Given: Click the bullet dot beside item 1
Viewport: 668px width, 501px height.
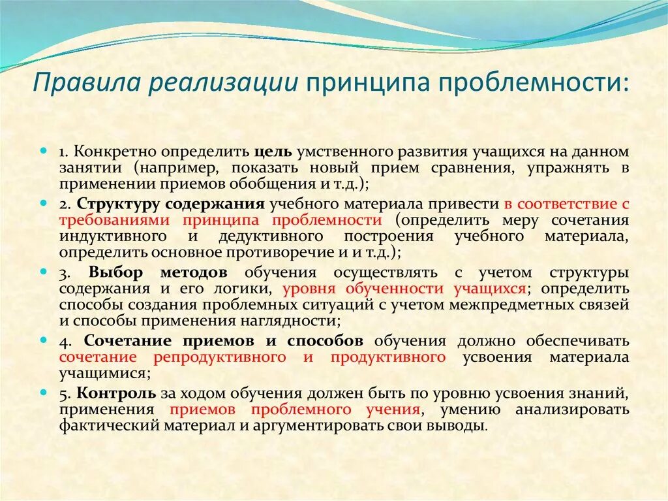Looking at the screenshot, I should (44, 151).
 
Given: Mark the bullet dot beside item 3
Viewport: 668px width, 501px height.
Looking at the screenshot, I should (44, 271).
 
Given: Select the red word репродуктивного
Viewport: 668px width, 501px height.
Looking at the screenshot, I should (220, 357).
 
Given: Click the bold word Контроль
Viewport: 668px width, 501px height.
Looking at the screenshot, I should (115, 393).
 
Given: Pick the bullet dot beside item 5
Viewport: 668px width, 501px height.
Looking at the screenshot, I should (44, 393).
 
